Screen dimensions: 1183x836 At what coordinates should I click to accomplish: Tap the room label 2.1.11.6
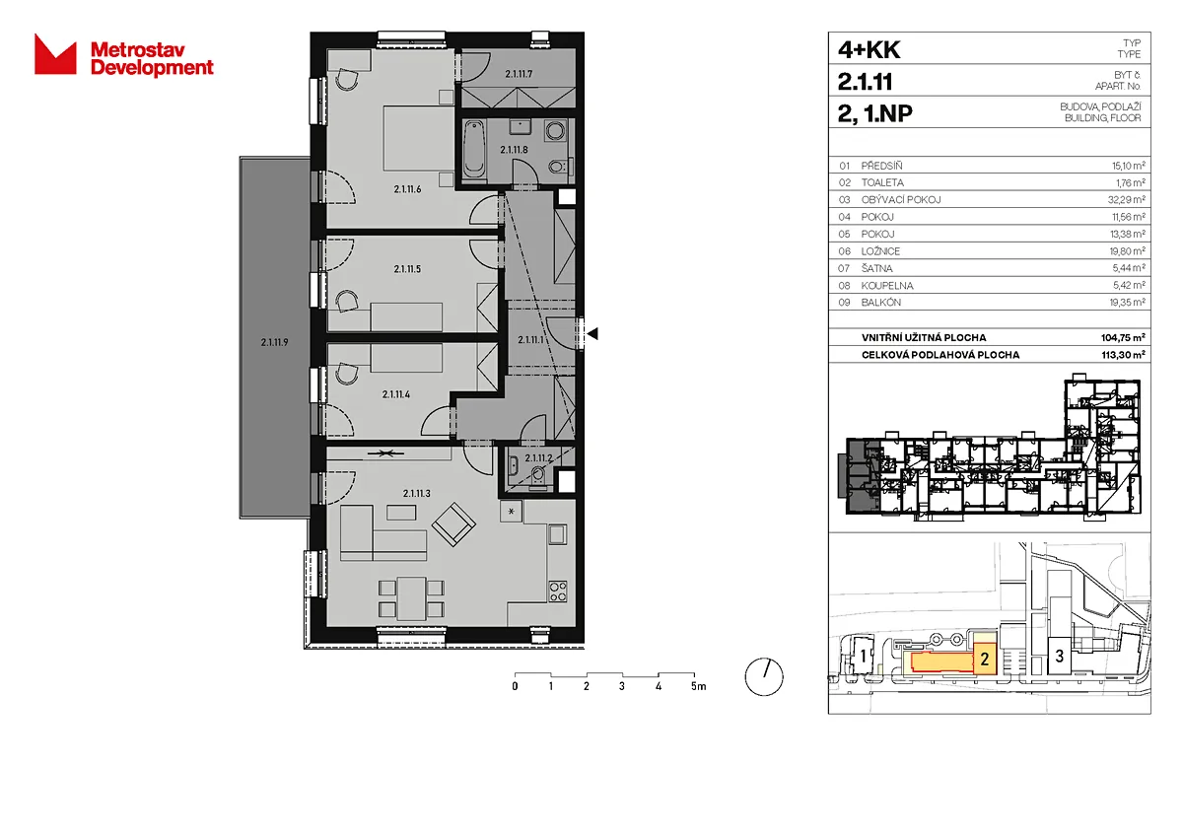click(x=407, y=189)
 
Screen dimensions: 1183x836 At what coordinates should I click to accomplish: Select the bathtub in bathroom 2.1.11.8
click(x=474, y=149)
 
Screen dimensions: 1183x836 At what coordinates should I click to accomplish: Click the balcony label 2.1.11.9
click(x=275, y=342)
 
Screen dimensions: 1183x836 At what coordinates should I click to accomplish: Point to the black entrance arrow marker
click(x=592, y=334)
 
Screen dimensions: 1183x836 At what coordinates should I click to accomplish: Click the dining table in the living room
click(x=411, y=598)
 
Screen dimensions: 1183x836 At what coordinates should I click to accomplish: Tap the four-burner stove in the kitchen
click(x=558, y=591)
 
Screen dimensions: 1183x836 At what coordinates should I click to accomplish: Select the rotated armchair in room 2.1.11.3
click(x=453, y=524)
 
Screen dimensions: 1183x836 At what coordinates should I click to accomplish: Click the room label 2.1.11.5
click(x=407, y=269)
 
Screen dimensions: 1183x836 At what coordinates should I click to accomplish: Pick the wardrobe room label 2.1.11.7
click(x=519, y=74)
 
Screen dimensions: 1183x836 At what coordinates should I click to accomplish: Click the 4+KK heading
click(x=869, y=49)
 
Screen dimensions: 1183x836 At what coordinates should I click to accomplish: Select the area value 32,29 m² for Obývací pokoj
click(x=1127, y=199)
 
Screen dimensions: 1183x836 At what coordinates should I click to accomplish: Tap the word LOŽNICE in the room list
click(x=880, y=251)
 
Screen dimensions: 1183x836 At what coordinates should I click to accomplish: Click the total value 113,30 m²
click(x=1123, y=355)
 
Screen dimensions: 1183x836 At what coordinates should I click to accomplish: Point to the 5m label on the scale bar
click(x=698, y=686)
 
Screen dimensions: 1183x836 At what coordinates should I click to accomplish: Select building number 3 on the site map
click(x=1060, y=656)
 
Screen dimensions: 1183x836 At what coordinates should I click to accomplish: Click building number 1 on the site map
click(x=864, y=657)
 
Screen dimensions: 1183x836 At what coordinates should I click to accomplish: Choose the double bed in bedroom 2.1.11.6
click(x=419, y=138)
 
